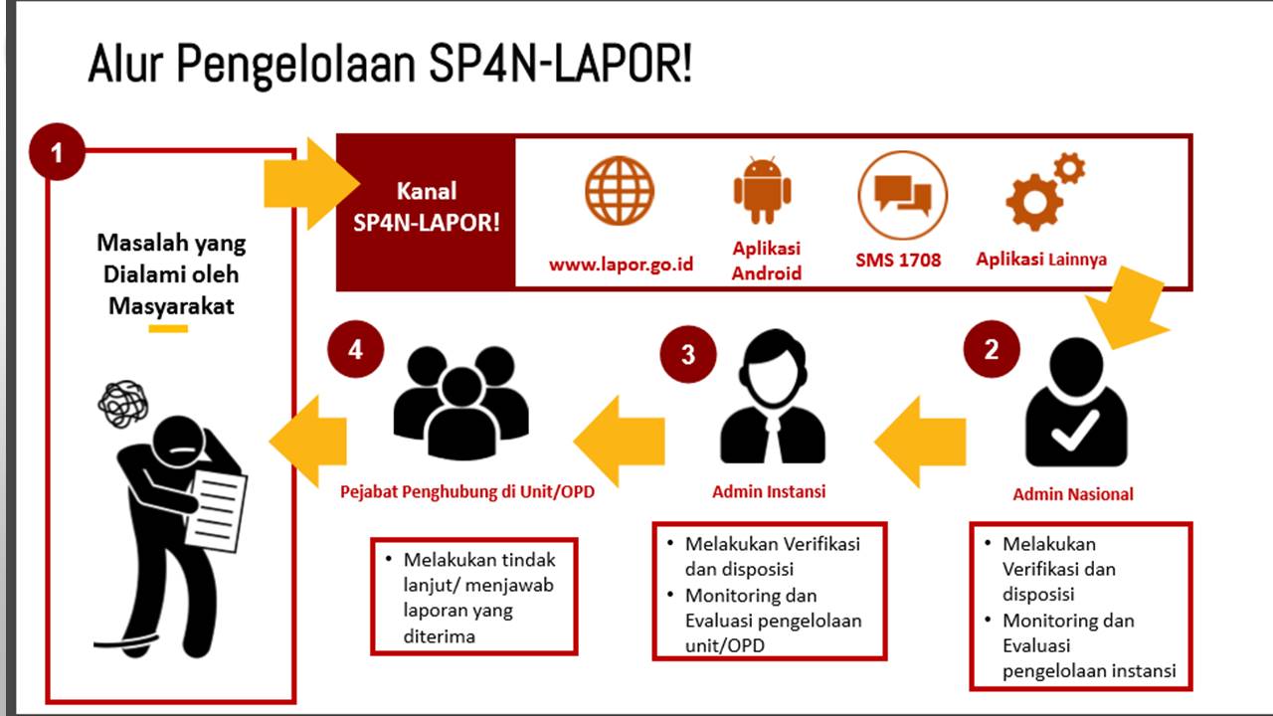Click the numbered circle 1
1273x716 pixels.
(57, 152)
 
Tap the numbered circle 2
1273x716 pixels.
(992, 349)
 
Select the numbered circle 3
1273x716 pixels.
(688, 354)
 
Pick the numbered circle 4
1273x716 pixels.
(356, 349)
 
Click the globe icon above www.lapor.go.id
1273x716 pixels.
(620, 191)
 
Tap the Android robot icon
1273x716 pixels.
(762, 190)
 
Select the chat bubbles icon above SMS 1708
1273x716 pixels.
(902, 195)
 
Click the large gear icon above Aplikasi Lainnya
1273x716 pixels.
(1034, 202)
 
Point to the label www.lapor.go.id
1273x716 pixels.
(622, 265)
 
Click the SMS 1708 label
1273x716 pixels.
(898, 261)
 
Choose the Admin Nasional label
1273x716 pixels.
(1073, 494)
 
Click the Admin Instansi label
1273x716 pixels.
(769, 491)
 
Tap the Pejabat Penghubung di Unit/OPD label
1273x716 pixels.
(467, 491)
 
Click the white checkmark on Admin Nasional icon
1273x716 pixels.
(1074, 430)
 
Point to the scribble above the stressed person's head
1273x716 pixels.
(123, 404)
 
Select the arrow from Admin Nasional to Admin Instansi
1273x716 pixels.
(920, 442)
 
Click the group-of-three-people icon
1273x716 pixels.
(460, 403)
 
